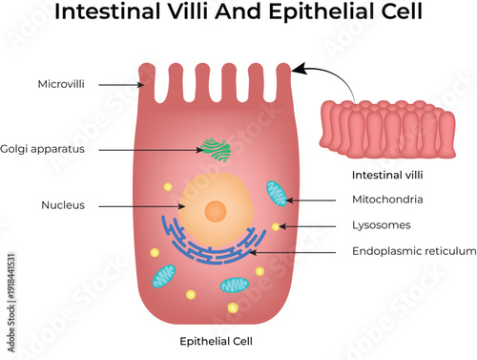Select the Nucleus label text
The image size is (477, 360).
[x=63, y=205]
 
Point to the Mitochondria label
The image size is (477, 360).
[x=387, y=201]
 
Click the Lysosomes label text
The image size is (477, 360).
[x=382, y=226]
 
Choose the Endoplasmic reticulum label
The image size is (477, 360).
[x=413, y=251]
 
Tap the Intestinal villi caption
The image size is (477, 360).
[x=385, y=176]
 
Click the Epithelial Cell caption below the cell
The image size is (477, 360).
[x=216, y=341]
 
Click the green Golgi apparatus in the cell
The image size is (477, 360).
[x=216, y=149]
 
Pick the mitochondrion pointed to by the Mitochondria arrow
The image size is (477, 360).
[x=277, y=194]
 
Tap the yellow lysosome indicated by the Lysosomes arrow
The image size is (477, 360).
[x=276, y=227]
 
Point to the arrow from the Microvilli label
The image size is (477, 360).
[x=119, y=85]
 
